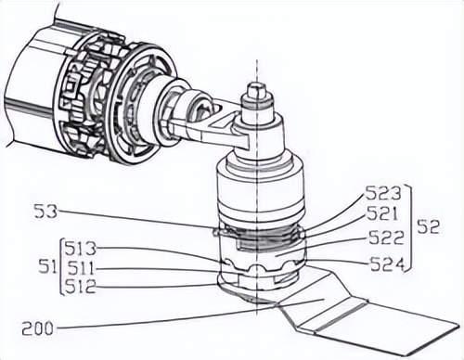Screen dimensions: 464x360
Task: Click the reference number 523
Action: tap(383, 194)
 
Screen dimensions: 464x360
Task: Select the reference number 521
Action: tap(381, 213)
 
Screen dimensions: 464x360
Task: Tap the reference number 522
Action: tap(386, 238)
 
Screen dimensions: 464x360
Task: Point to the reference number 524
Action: tap(388, 264)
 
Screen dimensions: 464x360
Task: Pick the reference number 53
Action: tap(45, 212)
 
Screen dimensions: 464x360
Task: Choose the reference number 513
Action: tap(81, 248)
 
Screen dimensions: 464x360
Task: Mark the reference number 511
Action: tap(81, 268)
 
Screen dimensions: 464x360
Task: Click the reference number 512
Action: tap(81, 287)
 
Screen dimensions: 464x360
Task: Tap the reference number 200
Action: tap(37, 328)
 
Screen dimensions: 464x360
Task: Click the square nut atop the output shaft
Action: tap(257, 89)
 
